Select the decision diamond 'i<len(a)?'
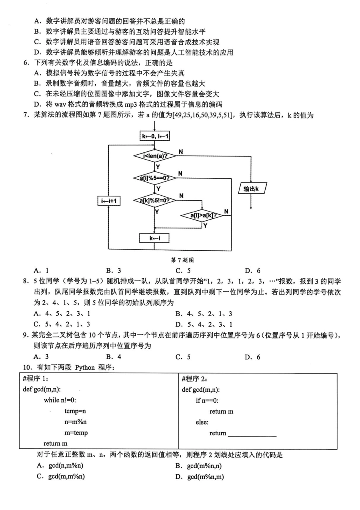pyautogui.click(x=155, y=155)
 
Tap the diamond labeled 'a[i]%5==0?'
pyautogui.click(x=155, y=178)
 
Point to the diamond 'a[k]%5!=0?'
pyautogui.click(x=155, y=200)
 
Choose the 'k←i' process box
pyautogui.click(x=154, y=238)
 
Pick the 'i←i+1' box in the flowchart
pyautogui.click(x=109, y=201)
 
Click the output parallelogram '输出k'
pyautogui.click(x=252, y=188)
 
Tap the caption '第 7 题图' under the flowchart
pyautogui.click(x=182, y=260)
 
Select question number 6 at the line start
pyautogui.click(x=27, y=63)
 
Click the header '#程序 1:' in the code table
pyautogui.click(x=36, y=378)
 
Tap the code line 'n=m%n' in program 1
pyautogui.click(x=75, y=422)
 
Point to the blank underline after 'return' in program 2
pyautogui.click(x=252, y=434)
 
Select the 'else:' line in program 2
pyautogui.click(x=202, y=422)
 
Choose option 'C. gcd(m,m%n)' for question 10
pyautogui.click(x=61, y=476)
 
